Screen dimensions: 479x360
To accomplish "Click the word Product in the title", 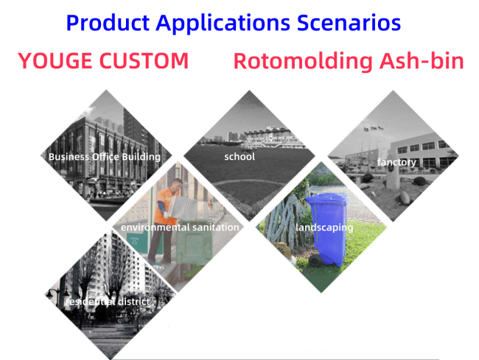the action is click(108, 23).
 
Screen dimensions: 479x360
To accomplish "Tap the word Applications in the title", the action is click(223, 24).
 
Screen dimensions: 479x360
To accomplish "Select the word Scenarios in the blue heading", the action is click(349, 23).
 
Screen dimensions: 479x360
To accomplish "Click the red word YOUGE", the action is click(55, 60).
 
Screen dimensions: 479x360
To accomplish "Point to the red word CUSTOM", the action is click(144, 60).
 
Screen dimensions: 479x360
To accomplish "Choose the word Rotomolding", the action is click(303, 61).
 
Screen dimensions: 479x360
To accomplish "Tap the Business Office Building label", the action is click(105, 157).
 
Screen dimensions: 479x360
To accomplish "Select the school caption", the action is click(239, 157).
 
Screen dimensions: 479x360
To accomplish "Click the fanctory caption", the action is click(396, 162).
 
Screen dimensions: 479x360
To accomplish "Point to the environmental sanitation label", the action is click(180, 227).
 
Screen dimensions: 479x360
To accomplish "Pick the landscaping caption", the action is click(324, 227).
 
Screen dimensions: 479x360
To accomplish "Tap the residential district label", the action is click(108, 301).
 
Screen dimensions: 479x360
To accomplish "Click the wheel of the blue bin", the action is click(315, 260).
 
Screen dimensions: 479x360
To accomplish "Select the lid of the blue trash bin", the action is click(326, 199).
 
